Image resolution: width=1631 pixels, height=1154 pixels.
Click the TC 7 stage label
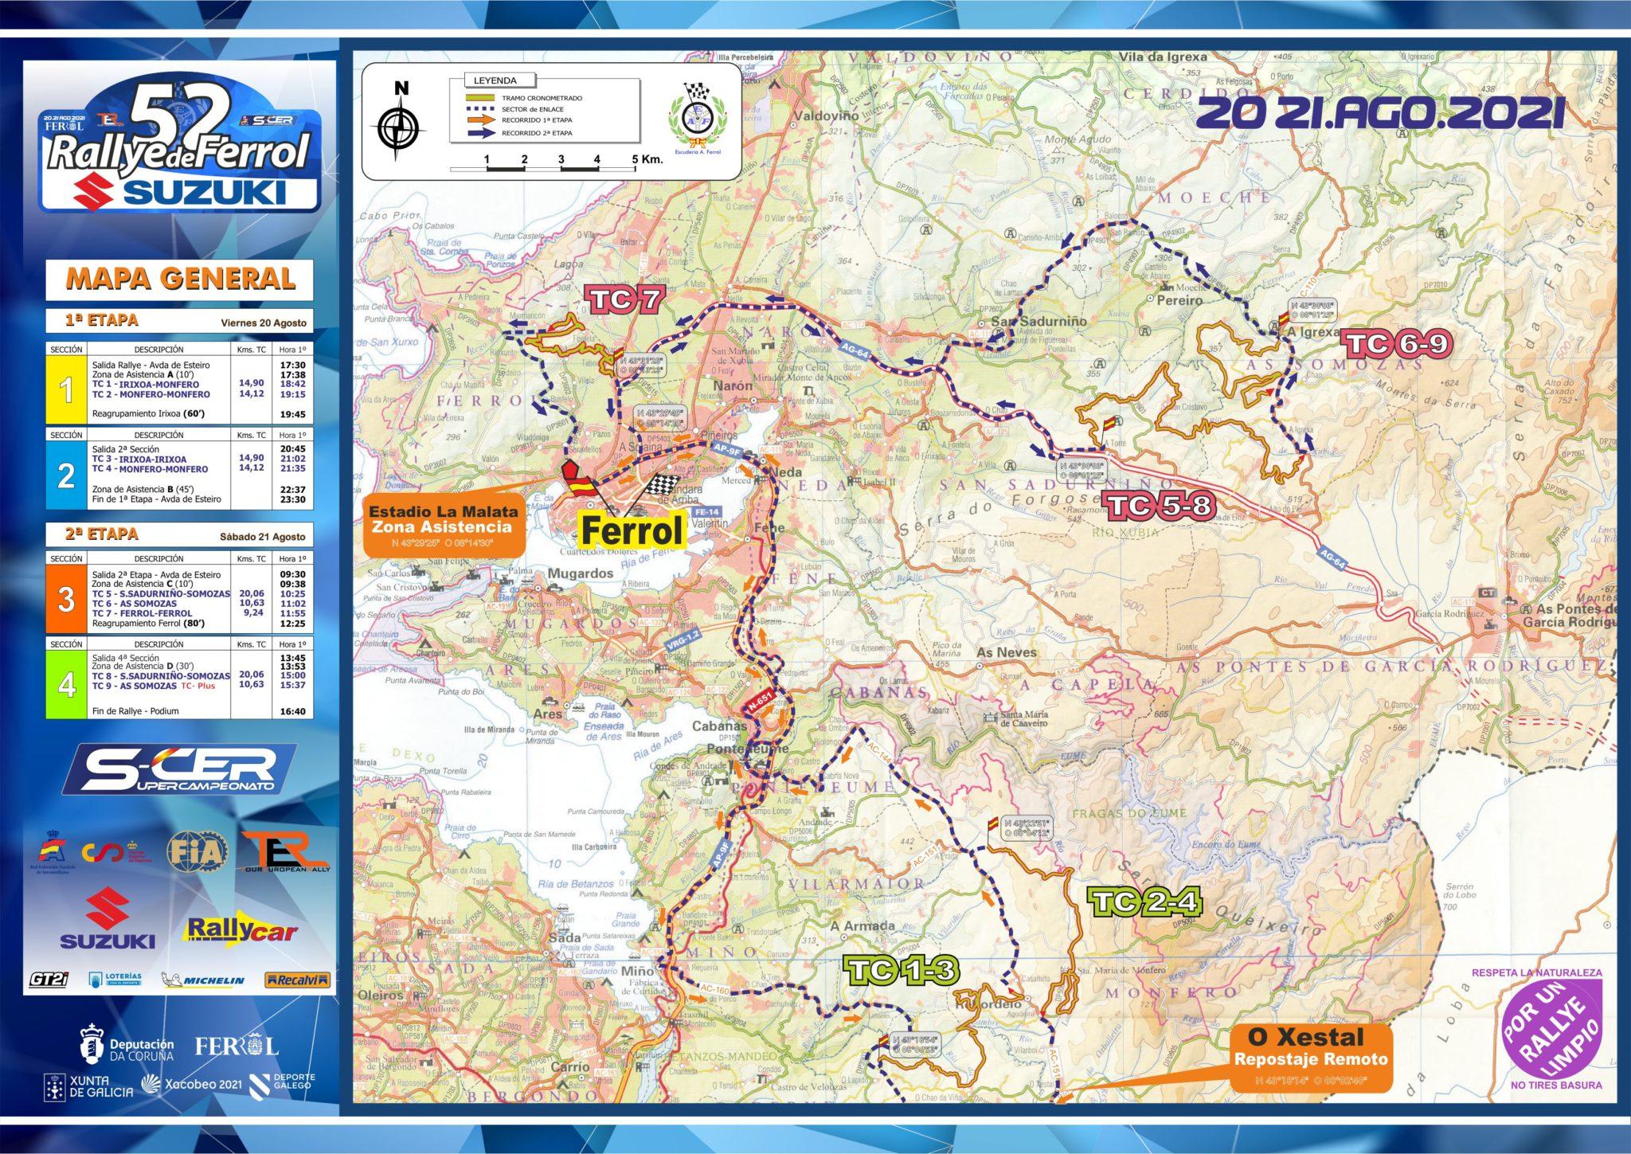pyautogui.click(x=624, y=300)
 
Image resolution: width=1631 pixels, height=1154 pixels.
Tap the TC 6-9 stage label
pyautogui.click(x=1398, y=344)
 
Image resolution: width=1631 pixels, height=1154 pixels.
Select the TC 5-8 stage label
pyautogui.click(x=1161, y=507)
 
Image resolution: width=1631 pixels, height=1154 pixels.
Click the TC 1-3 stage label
pyautogui.click(x=902, y=970)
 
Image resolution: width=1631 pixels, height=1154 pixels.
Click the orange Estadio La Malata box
pyautogui.click(x=444, y=526)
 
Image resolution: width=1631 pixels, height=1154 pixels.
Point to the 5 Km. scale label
pyautogui.click(x=647, y=159)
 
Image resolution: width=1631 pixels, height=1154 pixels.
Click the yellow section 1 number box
pyautogui.click(x=67, y=389)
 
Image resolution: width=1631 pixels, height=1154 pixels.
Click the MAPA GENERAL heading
pyautogui.click(x=180, y=278)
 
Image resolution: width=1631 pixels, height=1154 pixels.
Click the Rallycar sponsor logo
pyautogui.click(x=241, y=930)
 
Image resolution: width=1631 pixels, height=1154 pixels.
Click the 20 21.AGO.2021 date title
pyautogui.click(x=1375, y=113)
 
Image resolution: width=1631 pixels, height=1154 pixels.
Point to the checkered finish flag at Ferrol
pyautogui.click(x=662, y=485)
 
